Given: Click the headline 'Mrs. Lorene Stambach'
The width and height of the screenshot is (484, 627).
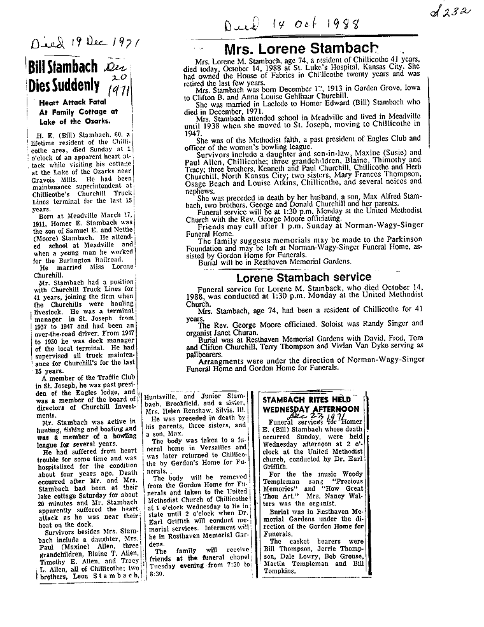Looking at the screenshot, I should click(x=305, y=49).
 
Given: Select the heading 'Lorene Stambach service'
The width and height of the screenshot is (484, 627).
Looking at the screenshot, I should click(x=304, y=278).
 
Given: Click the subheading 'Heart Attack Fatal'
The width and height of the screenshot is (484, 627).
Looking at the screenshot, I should click(x=68, y=101).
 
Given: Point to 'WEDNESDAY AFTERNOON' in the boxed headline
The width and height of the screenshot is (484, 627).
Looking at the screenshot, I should click(x=311, y=409).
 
